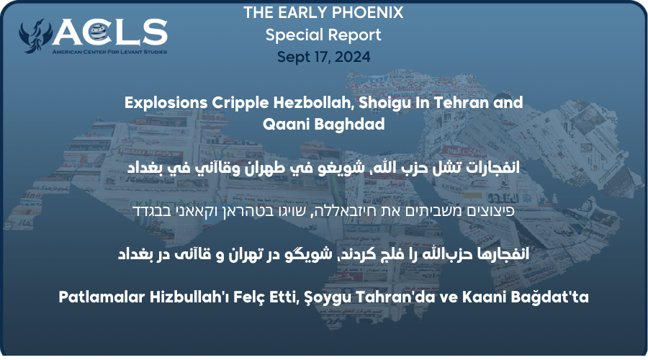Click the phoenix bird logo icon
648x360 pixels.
coord(35,37)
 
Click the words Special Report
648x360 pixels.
coord(323,35)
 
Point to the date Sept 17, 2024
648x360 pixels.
coord(323,57)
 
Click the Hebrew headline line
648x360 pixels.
coord(323,212)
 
